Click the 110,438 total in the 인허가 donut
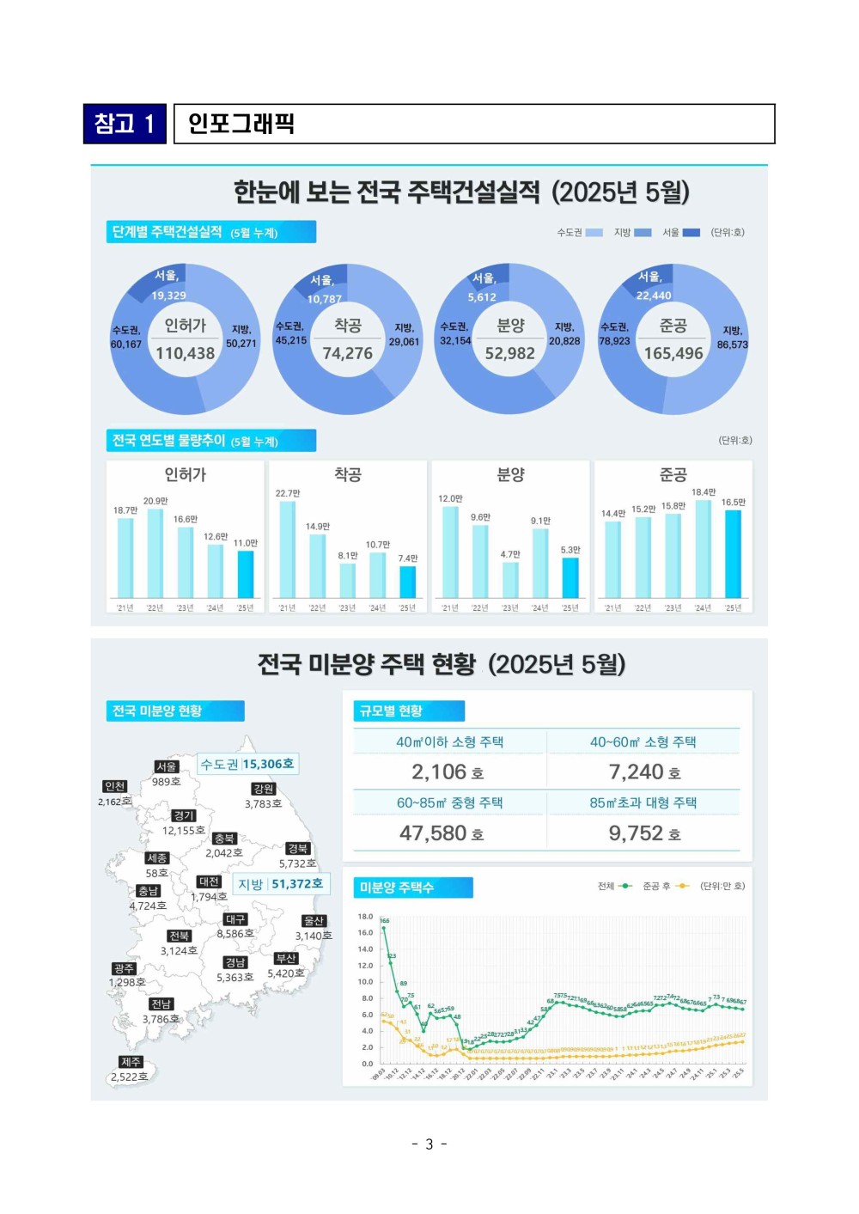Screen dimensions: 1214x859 pos(185,353)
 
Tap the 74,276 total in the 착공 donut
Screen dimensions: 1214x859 pos(347,353)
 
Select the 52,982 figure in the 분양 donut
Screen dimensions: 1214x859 pos(509,353)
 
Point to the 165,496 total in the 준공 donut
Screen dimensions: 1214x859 pos(673,353)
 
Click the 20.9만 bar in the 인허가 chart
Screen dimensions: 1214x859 pos(155,553)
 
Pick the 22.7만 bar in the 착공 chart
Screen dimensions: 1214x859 pos(288,550)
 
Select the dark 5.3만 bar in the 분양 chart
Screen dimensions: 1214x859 pos(570,577)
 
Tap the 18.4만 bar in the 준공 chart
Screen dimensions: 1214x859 pos(704,549)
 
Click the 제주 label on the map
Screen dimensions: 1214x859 pos(131,1062)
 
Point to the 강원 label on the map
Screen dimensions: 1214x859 pos(264,789)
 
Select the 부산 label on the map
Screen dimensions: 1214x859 pos(286,958)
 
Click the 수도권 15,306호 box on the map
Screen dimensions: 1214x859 pos(247,764)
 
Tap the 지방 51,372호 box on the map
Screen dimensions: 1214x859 pos(281,884)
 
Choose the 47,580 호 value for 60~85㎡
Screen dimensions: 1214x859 pos(442,833)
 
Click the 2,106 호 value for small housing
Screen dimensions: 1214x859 pos(448,772)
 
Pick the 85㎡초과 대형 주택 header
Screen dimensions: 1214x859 pos(643,802)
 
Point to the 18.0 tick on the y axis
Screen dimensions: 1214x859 pos(365,917)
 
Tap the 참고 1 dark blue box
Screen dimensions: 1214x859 pos(125,124)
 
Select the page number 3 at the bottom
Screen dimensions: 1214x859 pos(429,1144)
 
